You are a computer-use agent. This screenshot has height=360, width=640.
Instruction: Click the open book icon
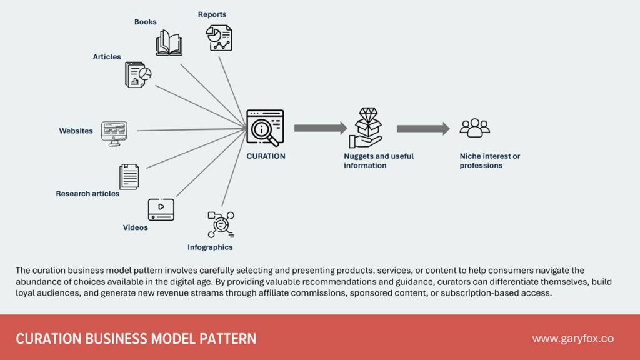(x=169, y=43)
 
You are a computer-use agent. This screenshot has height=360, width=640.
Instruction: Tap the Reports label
(x=212, y=14)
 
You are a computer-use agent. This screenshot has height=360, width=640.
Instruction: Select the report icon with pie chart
(x=219, y=38)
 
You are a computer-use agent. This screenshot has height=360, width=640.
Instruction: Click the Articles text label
(x=107, y=57)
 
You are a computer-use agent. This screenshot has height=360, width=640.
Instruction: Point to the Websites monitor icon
(x=114, y=133)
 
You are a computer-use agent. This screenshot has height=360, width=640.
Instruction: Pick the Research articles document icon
(x=129, y=176)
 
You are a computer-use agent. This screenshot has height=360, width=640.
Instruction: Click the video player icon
(x=161, y=209)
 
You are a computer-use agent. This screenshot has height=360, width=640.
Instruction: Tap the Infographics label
(x=210, y=247)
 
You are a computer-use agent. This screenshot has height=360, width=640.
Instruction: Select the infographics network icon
(x=221, y=224)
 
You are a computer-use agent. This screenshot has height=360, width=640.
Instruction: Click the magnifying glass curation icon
(x=265, y=127)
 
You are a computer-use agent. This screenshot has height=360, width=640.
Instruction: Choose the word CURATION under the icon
(x=266, y=156)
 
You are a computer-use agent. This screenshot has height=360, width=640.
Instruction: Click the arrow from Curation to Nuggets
(x=320, y=128)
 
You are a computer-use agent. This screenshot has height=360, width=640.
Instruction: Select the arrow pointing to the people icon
(x=422, y=129)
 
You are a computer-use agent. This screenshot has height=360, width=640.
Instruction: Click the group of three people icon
(x=474, y=128)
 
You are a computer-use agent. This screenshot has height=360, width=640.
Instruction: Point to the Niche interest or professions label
(x=489, y=161)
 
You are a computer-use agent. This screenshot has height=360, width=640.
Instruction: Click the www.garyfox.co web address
(x=572, y=339)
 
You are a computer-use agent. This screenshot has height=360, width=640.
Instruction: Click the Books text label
(x=145, y=22)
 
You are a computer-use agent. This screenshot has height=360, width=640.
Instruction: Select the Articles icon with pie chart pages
(x=137, y=74)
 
